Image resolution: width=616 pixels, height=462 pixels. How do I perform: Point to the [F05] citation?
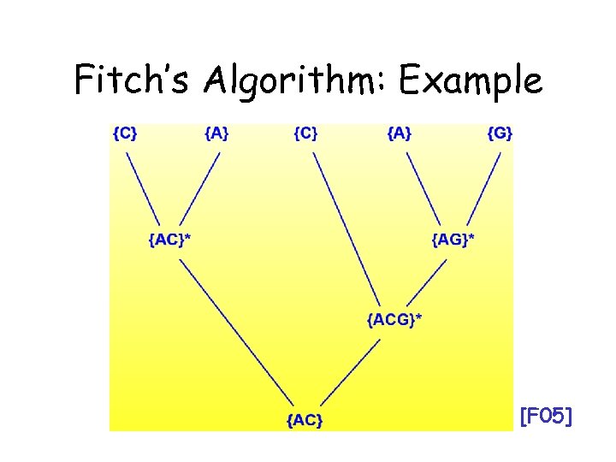[x=546, y=418]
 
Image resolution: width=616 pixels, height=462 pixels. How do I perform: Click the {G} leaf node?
[x=500, y=133]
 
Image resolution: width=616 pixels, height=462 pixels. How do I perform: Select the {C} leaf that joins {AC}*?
[x=125, y=133]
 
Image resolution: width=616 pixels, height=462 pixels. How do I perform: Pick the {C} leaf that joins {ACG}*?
[x=305, y=133]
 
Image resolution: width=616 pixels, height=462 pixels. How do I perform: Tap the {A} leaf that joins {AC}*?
[x=216, y=133]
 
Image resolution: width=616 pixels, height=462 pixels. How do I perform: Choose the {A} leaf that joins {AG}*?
[x=400, y=133]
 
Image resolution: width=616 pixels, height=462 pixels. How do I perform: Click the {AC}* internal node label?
[x=169, y=239]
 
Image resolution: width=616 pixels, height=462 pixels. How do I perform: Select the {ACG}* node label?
[x=394, y=320]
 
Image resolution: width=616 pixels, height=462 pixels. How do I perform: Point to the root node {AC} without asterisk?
[x=305, y=419]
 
